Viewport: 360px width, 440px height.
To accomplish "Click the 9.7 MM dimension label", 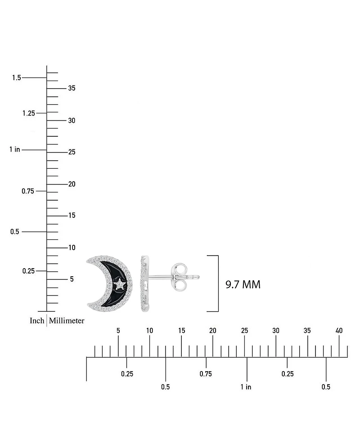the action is click(243, 284).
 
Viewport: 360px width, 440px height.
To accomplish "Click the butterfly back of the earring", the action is click(179, 277).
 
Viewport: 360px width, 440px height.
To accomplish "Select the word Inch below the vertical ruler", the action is click(37, 320).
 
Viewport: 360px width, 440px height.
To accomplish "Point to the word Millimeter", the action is click(67, 320).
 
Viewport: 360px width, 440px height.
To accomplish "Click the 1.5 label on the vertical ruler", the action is click(17, 77).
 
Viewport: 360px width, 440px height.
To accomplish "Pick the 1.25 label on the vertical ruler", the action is click(29, 113).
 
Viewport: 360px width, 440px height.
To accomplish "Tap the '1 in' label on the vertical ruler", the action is click(14, 149).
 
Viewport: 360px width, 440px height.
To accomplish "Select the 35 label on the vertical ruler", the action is click(72, 88).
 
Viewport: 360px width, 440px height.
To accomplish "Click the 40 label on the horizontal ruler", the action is click(339, 331).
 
